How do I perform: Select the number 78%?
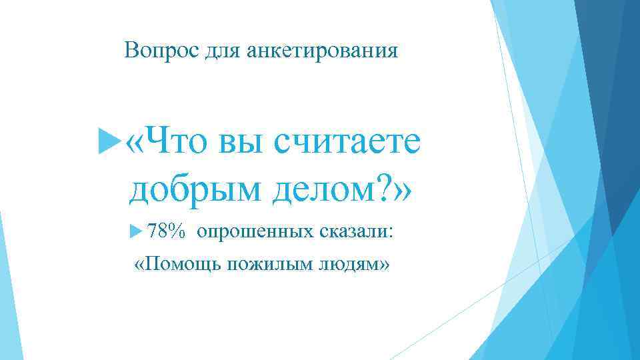point(165,231)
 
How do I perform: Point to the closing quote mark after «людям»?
point(383,265)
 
